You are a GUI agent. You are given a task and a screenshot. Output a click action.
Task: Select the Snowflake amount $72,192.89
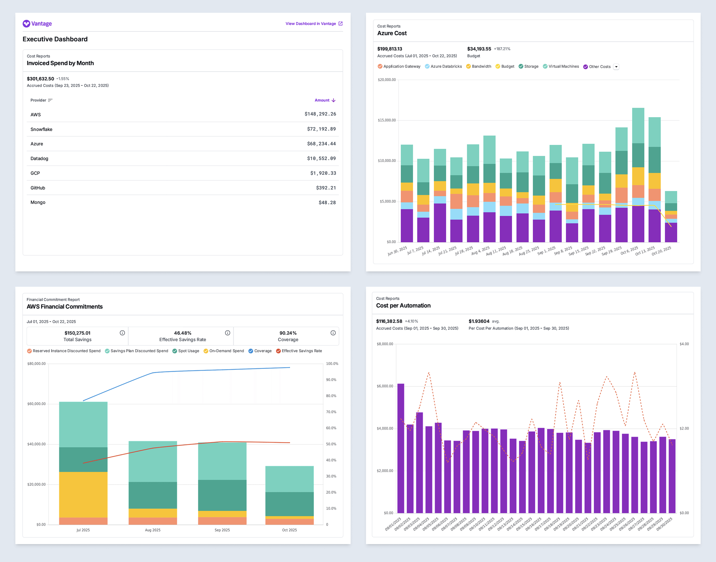coord(321,129)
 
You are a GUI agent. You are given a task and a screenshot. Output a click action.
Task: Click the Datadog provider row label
coord(39,159)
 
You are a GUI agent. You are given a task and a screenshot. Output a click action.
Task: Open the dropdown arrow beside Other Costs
coord(616,67)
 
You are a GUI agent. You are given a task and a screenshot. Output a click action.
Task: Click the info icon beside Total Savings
coord(122,333)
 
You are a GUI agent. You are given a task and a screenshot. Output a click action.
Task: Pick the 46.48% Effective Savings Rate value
coord(183,333)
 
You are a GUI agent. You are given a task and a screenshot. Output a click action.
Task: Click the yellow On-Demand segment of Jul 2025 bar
coord(83,495)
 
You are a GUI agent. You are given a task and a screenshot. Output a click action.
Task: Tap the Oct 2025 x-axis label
coord(289,530)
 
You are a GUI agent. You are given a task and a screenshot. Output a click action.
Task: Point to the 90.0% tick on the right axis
coord(331,380)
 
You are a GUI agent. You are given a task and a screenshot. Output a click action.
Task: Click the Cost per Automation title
coord(403,306)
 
